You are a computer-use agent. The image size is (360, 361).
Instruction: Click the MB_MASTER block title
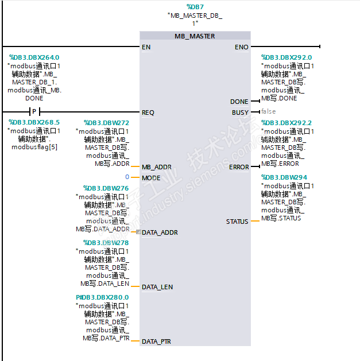pos(195,36)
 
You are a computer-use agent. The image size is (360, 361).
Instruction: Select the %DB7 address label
pos(195,6)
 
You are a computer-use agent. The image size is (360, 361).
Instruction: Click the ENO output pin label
pos(242,47)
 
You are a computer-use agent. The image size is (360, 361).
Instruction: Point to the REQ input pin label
pos(148,112)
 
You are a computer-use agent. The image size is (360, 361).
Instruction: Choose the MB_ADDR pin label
pos(157,167)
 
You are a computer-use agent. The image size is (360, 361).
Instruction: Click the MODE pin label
pos(151,178)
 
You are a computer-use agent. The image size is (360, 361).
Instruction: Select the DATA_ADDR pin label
pos(160,232)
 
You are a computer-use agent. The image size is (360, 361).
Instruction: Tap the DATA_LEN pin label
pos(157,287)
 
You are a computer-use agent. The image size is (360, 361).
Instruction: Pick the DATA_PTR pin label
pos(156,341)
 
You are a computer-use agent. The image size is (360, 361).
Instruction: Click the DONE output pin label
pos(239,102)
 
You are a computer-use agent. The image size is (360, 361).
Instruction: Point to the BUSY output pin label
pos(240,112)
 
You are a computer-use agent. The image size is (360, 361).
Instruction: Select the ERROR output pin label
pos(239,167)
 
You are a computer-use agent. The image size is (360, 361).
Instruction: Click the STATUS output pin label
pos(237,222)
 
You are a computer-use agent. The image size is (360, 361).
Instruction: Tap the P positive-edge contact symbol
pos(34,112)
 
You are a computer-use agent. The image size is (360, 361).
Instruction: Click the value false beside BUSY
pos(268,112)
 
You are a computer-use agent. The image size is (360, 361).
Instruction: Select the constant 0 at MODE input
pos(127,177)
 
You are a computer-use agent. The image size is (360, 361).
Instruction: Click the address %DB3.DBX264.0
pos(34,57)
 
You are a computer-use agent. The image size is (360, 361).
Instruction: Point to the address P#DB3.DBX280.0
pos(102,297)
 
